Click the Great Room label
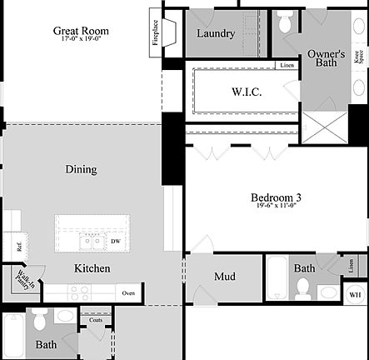pos(81,31)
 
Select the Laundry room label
pos(216,34)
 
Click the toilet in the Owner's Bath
pos(285,23)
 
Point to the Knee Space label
pos(358,57)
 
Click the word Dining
pos(81,169)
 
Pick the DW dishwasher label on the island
pos(114,242)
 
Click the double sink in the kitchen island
pos(92,242)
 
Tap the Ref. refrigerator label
pos(17,247)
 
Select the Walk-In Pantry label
pos(22,281)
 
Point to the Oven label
pos(128,293)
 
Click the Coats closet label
pos(96,319)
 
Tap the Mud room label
pos(224,277)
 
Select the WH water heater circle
pos(354,294)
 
